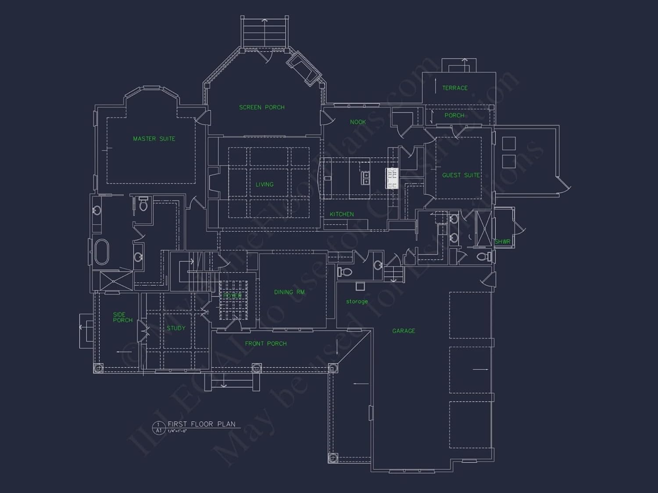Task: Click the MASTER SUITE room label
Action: point(154,139)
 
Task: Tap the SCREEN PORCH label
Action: point(262,107)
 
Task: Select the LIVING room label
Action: point(265,184)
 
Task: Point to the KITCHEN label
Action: point(342,214)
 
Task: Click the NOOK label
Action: point(358,122)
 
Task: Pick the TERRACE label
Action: point(455,88)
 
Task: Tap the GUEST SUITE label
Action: point(461,175)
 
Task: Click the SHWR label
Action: point(502,242)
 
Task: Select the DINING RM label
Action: point(289,292)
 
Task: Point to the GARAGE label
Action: point(404,331)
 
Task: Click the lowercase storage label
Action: point(357,301)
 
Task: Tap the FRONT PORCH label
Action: point(266,344)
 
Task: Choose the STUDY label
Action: point(176,328)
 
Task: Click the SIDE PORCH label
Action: point(122,317)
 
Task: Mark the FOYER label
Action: point(232,296)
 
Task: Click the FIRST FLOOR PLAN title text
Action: point(201,424)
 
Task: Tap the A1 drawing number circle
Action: point(159,428)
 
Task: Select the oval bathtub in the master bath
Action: point(102,252)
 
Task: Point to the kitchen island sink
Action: point(365,177)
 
